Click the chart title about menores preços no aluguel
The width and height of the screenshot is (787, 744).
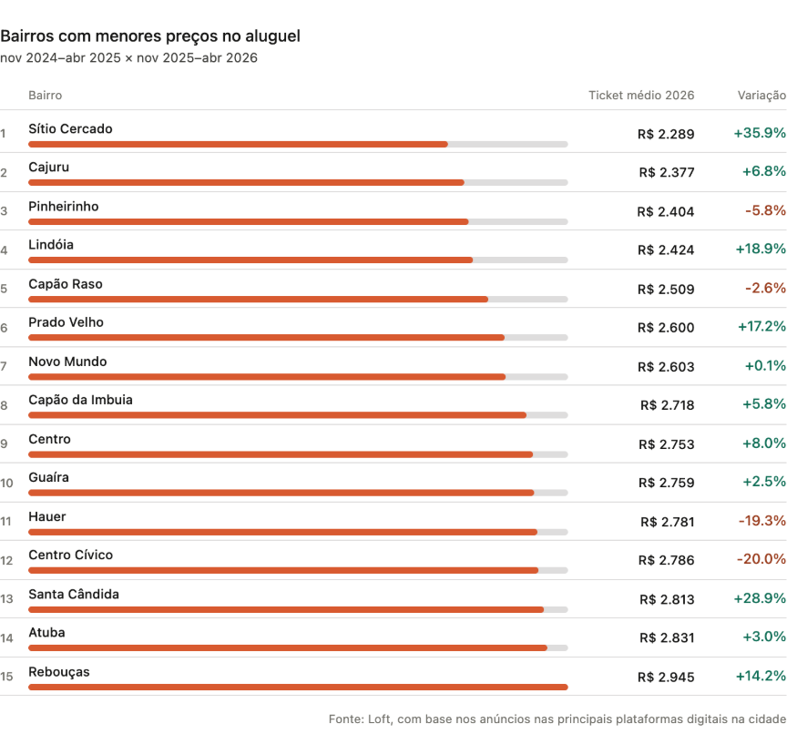[150, 36]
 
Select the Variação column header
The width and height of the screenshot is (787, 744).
[761, 95]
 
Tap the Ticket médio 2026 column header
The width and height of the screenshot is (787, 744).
[641, 95]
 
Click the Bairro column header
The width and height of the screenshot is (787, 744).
[46, 95]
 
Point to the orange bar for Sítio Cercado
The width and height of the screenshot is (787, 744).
[238, 144]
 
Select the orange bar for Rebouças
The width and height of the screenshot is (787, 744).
[298, 687]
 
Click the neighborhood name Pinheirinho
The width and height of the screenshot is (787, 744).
[64, 207]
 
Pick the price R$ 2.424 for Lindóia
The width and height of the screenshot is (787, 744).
[666, 250]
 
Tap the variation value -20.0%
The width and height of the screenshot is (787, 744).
[761, 559]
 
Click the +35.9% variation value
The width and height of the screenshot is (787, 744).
[760, 133]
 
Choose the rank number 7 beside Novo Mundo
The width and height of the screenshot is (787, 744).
[4, 366]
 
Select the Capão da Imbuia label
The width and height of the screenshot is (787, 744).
[81, 400]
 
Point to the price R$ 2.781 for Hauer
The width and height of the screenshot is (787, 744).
[667, 522]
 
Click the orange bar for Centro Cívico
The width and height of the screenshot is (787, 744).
[283, 570]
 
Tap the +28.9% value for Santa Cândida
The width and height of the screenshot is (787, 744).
[760, 598]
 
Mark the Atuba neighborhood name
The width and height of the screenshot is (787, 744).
[46, 633]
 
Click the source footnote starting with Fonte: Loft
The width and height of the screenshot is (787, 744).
[557, 719]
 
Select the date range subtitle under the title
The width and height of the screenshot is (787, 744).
[128, 58]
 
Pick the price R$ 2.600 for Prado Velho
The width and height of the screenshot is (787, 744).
[666, 328]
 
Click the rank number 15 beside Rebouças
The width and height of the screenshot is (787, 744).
[6, 677]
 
